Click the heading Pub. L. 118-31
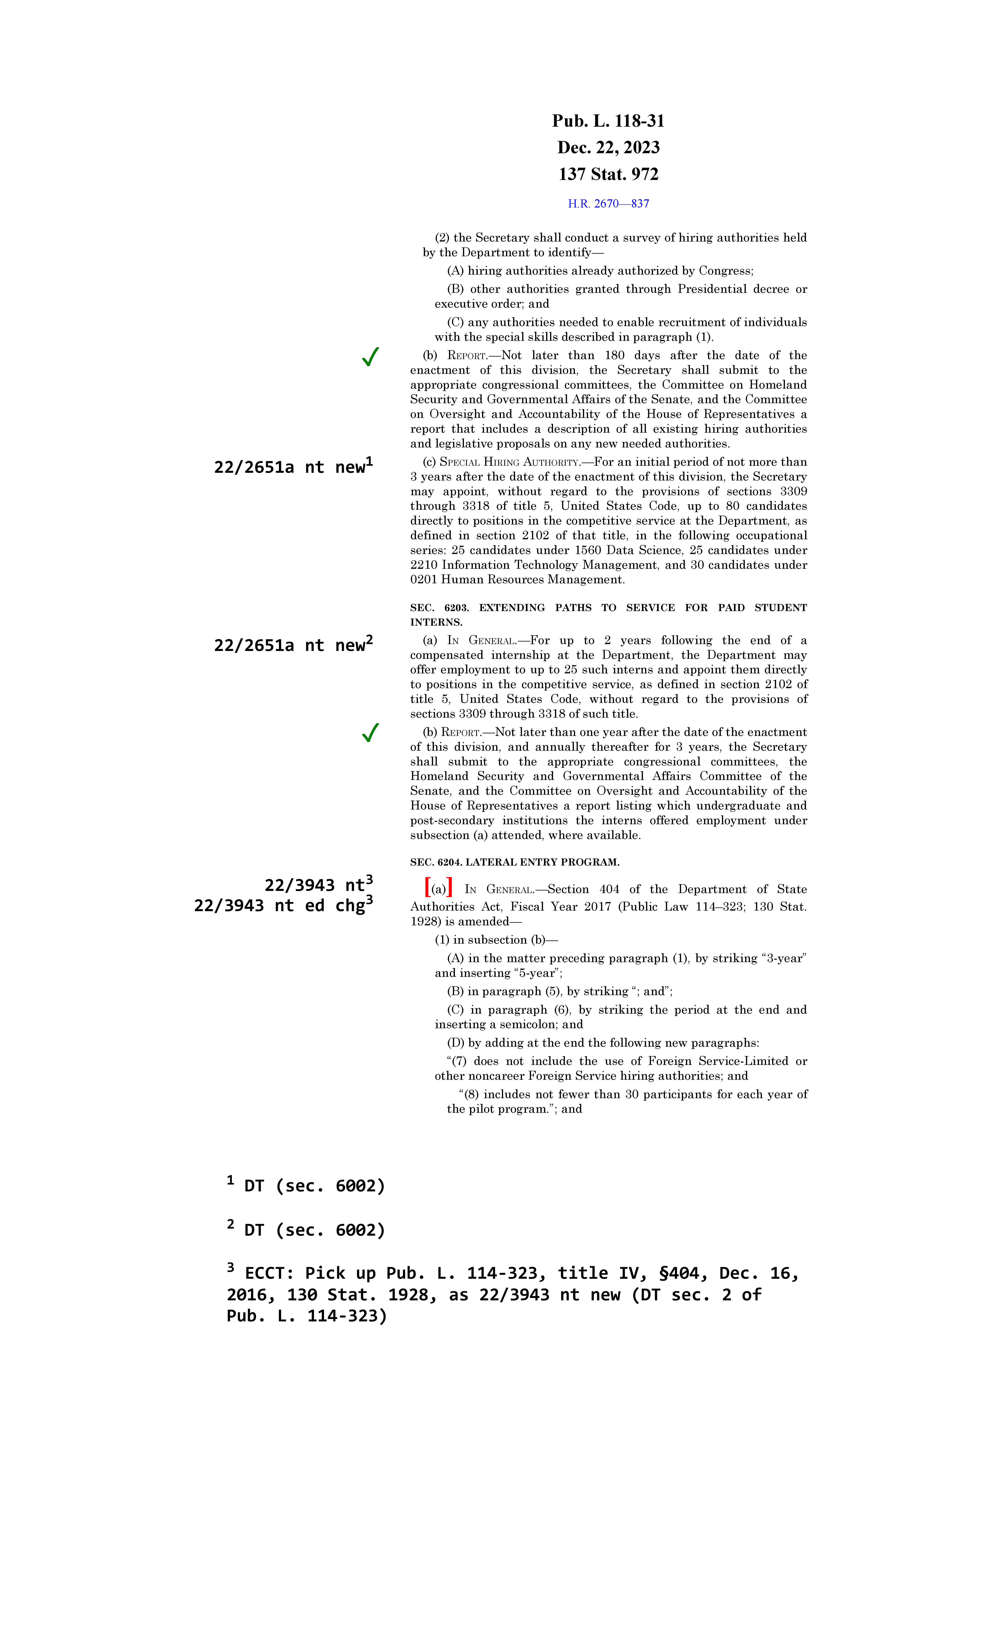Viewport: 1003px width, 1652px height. pyautogui.click(x=608, y=121)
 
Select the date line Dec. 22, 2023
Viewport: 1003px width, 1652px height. pyautogui.click(x=608, y=147)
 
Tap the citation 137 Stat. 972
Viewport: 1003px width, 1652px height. pyautogui.click(x=608, y=174)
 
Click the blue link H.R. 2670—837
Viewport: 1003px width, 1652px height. pyautogui.click(x=608, y=204)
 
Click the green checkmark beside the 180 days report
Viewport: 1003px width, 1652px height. pyautogui.click(x=370, y=357)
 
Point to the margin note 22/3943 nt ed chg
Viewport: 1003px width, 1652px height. pyautogui.click(x=283, y=906)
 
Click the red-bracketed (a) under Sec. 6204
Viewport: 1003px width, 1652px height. pyautogui.click(x=439, y=889)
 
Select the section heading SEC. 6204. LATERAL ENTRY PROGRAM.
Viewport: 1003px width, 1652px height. pyautogui.click(x=514, y=862)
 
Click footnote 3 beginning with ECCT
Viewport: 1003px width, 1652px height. pyautogui.click(x=512, y=1295)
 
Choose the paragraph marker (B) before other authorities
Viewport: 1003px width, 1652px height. pyautogui.click(x=455, y=289)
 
